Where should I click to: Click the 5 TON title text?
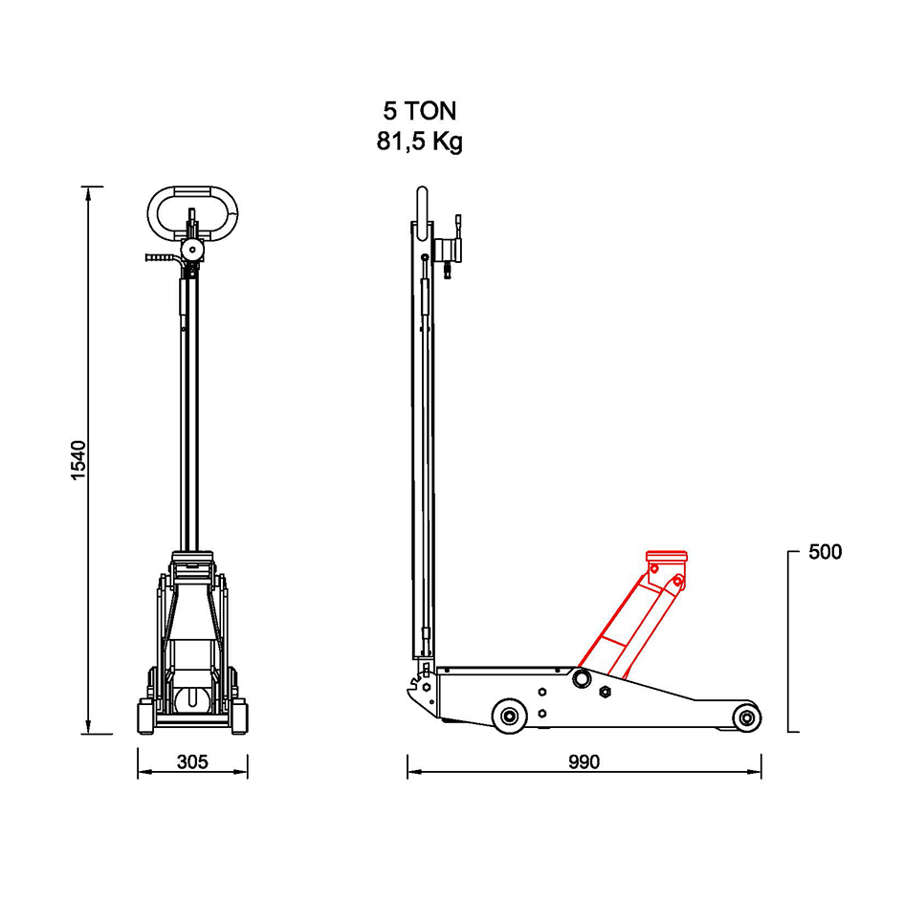(x=419, y=111)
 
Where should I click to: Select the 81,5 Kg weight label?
(x=420, y=142)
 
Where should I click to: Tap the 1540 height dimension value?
(x=77, y=460)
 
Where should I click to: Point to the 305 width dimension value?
(x=192, y=762)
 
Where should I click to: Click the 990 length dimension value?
(x=584, y=762)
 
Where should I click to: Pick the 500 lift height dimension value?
(x=825, y=552)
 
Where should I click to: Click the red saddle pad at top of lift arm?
(x=667, y=558)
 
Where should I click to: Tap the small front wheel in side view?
(x=746, y=718)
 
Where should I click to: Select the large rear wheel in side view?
(x=510, y=717)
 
